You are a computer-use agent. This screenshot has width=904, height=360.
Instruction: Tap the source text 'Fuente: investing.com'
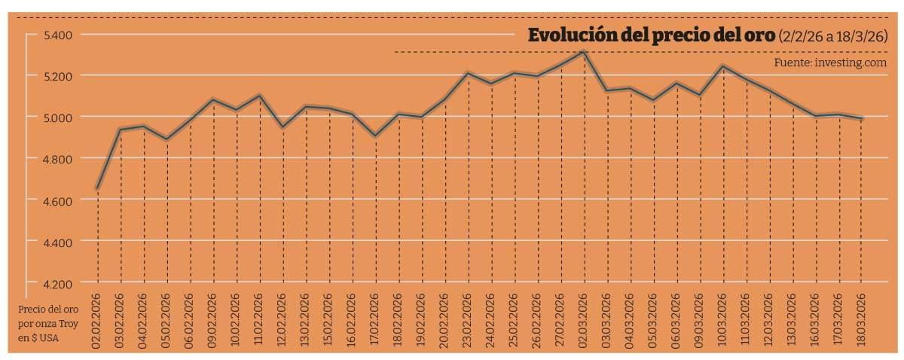(x=830, y=63)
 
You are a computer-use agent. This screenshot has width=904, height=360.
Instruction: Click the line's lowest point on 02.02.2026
(x=97, y=188)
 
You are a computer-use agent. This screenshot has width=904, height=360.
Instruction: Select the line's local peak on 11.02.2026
(x=260, y=95)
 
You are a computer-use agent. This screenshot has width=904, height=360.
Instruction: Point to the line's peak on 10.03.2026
(x=723, y=66)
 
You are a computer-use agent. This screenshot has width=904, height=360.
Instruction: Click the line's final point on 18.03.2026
(x=863, y=119)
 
